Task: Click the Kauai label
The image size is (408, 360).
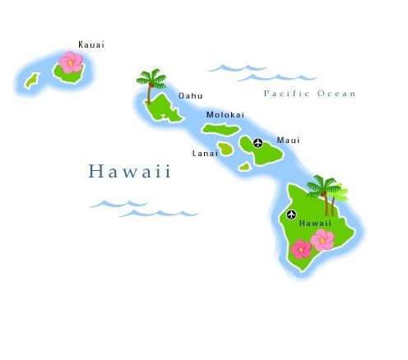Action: [x=91, y=44]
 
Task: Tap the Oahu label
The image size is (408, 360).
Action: [x=190, y=96]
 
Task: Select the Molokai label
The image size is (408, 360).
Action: [x=224, y=115]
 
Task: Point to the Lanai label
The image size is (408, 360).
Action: [x=205, y=153]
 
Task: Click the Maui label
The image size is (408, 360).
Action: [x=288, y=141]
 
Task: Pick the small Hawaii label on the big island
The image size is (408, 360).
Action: [x=315, y=223]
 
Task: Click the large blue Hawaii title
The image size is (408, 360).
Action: [x=130, y=172]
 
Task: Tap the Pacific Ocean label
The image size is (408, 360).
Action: [x=309, y=94]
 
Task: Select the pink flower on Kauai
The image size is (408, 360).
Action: [x=71, y=62]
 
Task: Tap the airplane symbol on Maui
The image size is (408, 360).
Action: [x=258, y=143]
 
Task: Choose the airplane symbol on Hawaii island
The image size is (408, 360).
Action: [x=290, y=215]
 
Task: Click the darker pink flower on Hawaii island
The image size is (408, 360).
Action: [x=302, y=247]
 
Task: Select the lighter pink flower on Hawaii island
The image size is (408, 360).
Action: [x=322, y=239]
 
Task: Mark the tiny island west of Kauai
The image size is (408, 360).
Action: [x=32, y=81]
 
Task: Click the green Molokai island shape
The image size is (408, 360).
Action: [x=220, y=129]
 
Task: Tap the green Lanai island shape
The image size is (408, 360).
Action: [x=225, y=150]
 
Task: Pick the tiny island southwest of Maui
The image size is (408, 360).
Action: [x=244, y=167]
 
